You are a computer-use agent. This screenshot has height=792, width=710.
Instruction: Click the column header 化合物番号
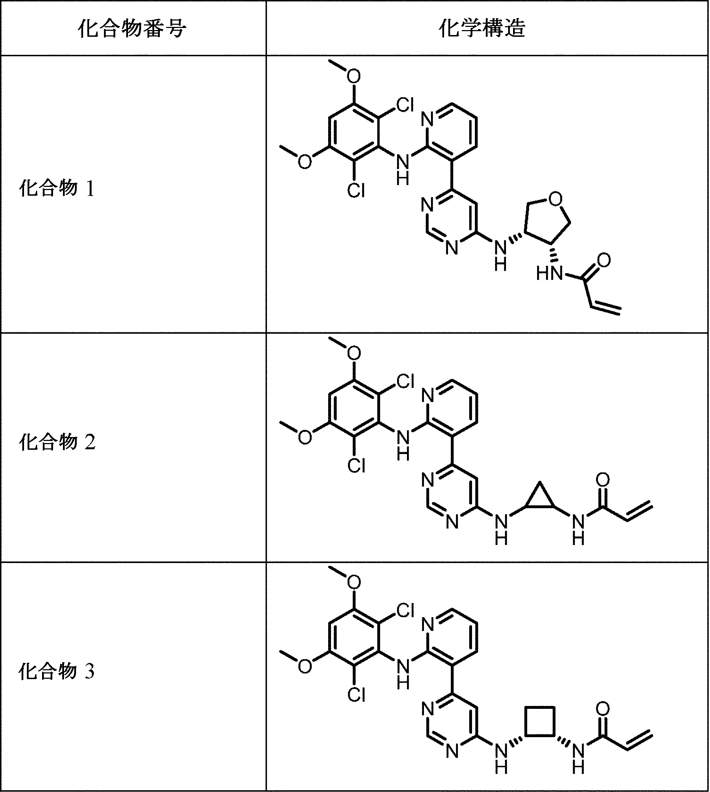tap(132, 29)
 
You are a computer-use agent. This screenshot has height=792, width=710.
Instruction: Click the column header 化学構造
tap(482, 29)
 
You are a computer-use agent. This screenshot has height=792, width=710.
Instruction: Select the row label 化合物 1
tap(57, 188)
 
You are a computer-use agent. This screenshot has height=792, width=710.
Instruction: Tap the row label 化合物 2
tap(57, 442)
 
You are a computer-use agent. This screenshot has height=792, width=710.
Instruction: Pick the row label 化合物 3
tap(57, 671)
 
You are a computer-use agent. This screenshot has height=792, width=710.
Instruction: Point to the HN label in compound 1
tap(549, 274)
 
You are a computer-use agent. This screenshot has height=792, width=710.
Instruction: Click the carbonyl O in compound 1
tap(604, 260)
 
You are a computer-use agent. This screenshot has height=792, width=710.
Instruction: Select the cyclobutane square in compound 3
tap(540, 721)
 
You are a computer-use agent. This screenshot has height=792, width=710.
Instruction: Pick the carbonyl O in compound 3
tap(603, 708)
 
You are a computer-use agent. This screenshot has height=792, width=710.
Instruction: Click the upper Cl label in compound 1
tap(405, 105)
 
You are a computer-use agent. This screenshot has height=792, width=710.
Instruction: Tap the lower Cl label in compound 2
tap(356, 466)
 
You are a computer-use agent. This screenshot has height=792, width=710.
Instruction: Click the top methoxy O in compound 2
tap(354, 354)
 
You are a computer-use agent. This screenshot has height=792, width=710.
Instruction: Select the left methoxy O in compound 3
tap(305, 666)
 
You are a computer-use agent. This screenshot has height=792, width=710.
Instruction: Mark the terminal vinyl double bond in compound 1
tap(605, 309)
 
